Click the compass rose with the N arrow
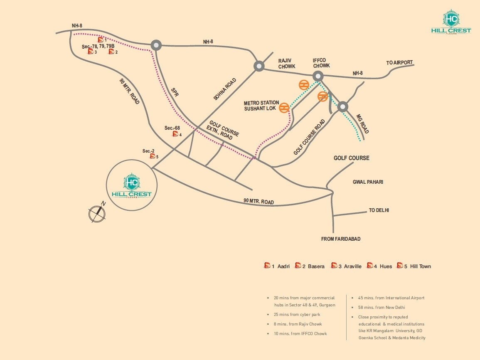click(97, 212)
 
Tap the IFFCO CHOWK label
click(321, 63)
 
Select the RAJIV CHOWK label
click(287, 63)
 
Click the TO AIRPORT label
click(399, 63)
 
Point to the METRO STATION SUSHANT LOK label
click(261, 106)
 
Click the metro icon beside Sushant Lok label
click(284, 108)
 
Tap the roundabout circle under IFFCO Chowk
click(318, 76)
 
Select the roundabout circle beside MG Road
click(342, 106)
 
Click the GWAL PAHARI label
click(368, 182)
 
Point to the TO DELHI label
click(379, 210)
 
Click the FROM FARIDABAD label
click(341, 239)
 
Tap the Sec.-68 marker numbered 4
click(176, 134)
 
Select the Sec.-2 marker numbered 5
click(153, 156)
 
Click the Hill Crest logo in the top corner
click(451, 23)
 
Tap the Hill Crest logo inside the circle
click(132, 186)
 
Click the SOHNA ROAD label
click(225, 89)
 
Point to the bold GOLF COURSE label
click(352, 158)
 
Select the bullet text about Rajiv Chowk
click(298, 324)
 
